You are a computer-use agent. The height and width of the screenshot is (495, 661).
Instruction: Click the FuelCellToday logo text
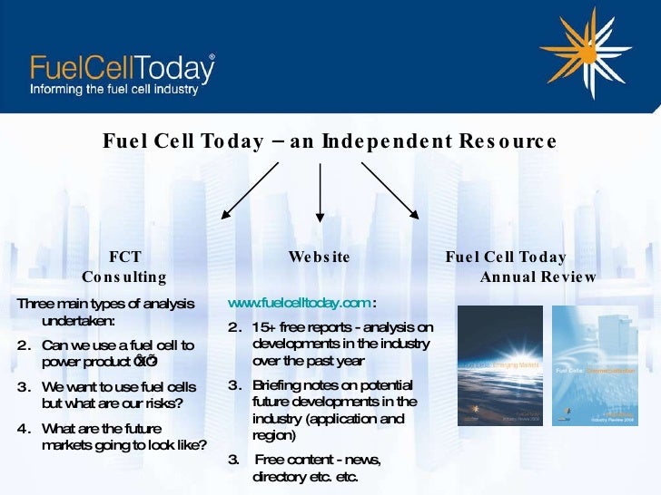pos(123,68)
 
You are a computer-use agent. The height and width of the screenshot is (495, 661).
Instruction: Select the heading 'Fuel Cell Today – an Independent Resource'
pos(329,141)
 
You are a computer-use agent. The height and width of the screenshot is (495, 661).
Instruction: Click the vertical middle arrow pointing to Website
pos(320,192)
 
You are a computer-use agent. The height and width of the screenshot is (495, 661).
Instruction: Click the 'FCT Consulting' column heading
pos(124,267)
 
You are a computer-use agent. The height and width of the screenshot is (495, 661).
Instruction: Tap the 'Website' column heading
pos(319,257)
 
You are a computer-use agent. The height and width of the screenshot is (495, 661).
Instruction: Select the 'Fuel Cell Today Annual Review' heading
pos(520,267)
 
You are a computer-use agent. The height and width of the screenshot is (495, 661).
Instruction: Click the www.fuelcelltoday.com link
pos(299,303)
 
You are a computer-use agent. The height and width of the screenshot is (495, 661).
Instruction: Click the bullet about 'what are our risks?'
pos(118,395)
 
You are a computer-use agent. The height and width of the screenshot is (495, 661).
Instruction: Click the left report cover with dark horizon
pos(499,365)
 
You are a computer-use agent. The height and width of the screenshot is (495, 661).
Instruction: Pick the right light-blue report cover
pos(595,365)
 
